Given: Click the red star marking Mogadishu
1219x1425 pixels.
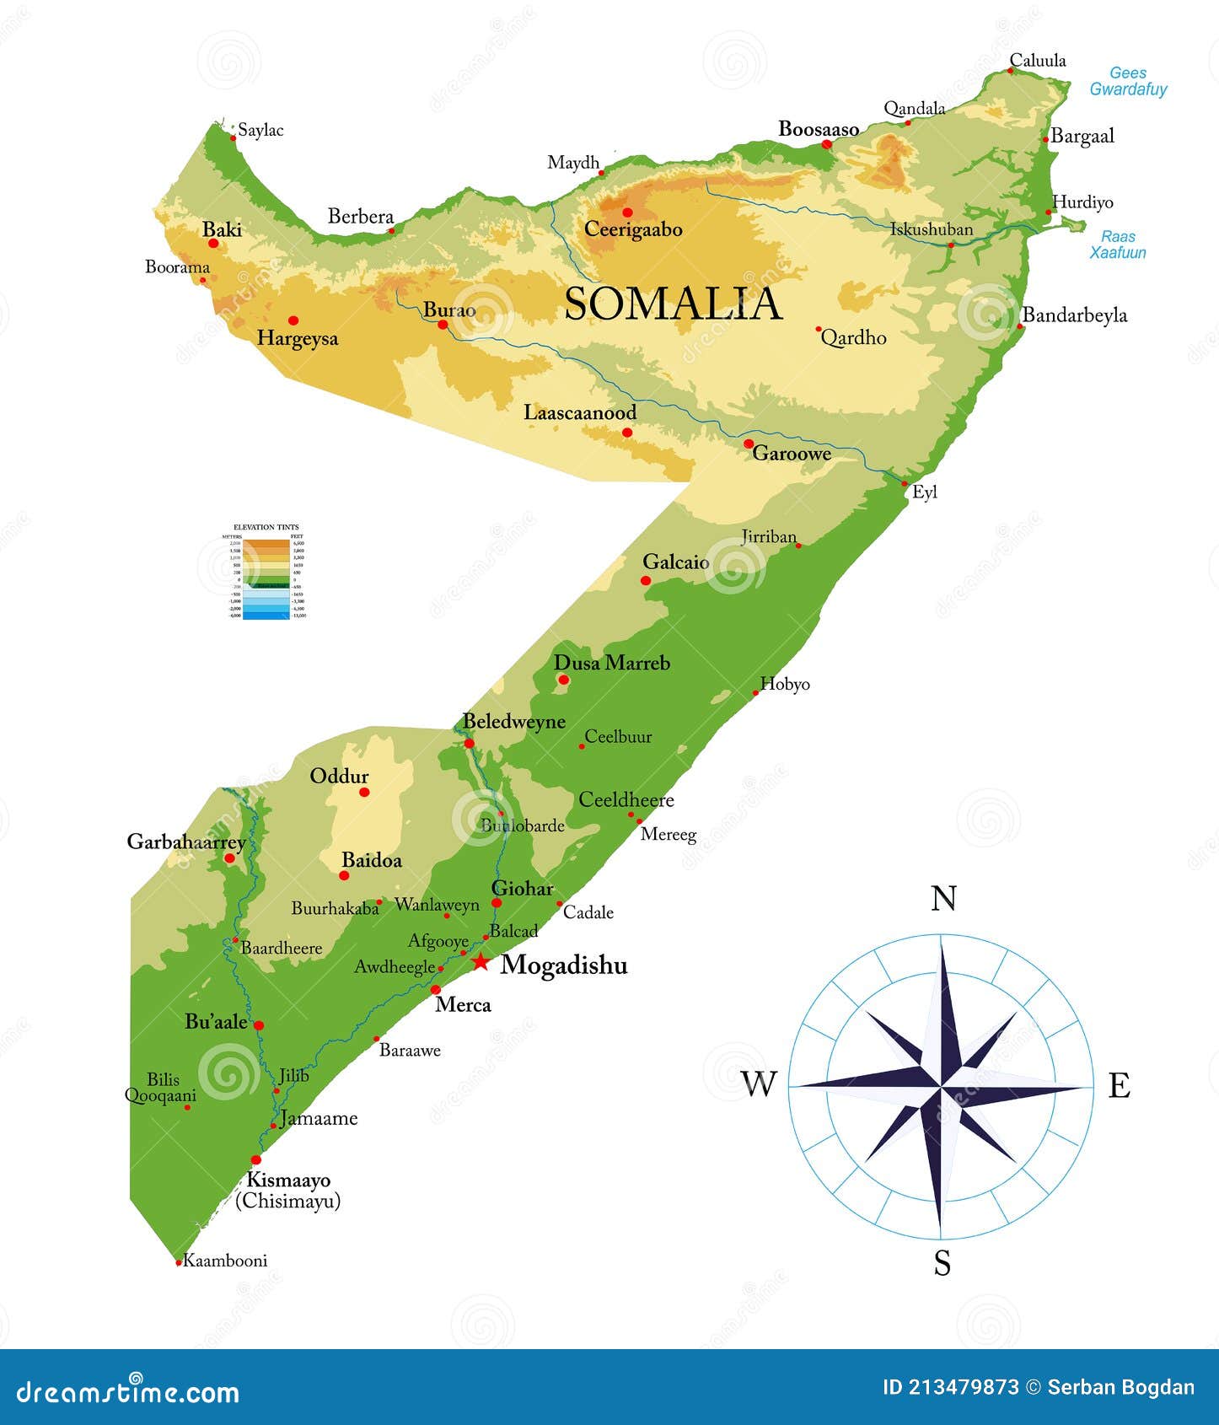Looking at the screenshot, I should pyautogui.click(x=480, y=962).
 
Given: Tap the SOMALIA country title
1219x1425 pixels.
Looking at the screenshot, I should pyautogui.click(x=673, y=304).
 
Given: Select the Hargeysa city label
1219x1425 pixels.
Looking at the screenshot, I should pyautogui.click(x=297, y=338).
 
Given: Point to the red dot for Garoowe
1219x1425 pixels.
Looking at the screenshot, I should pyautogui.click(x=749, y=444).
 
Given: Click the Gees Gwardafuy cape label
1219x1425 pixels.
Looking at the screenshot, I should pyautogui.click(x=1127, y=81).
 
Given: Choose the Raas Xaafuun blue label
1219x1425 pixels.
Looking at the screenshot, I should pyautogui.click(x=1117, y=245).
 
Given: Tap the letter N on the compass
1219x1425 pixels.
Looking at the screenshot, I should pyautogui.click(x=943, y=899).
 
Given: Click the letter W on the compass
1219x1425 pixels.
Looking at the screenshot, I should pyautogui.click(x=758, y=1084).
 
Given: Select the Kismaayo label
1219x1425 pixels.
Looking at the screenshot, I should pyautogui.click(x=288, y=1180).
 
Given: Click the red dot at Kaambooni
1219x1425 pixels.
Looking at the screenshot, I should pyautogui.click(x=179, y=1262).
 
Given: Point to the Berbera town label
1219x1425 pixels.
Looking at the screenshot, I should pyautogui.click(x=361, y=217).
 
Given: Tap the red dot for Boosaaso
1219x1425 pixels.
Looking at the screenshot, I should pyautogui.click(x=827, y=144).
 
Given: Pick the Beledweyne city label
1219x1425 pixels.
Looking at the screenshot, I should pyautogui.click(x=513, y=721).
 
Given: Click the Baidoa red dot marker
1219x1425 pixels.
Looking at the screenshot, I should pyautogui.click(x=344, y=875).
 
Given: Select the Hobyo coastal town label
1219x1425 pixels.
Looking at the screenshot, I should pyautogui.click(x=784, y=684).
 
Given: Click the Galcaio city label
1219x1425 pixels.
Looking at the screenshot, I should pyautogui.click(x=675, y=562).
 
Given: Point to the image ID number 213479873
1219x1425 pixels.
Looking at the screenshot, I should pyautogui.click(x=964, y=1388).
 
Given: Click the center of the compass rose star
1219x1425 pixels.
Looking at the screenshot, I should pyautogui.click(x=941, y=1086).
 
